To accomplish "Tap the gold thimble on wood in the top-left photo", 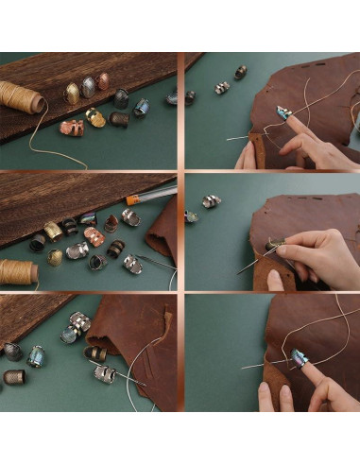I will (72, 93).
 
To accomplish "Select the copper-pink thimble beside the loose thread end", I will (72, 127).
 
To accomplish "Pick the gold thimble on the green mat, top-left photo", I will (95, 118).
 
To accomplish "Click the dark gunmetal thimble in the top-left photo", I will (121, 97).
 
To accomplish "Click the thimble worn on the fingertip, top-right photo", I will (282, 113).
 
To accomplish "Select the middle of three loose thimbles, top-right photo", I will (222, 88).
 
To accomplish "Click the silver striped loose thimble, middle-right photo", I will (210, 201).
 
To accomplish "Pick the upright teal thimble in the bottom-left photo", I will (36, 355).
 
